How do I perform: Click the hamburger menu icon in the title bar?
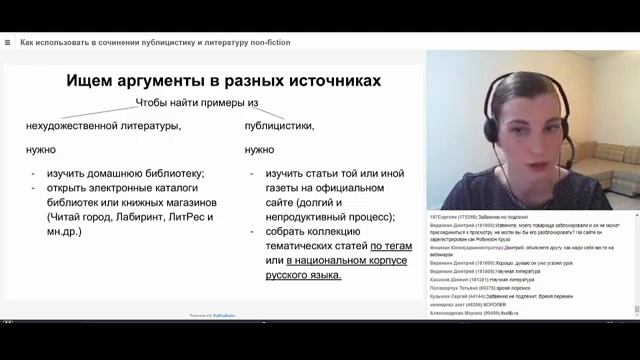click(x=7, y=43)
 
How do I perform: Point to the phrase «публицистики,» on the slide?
click(x=280, y=126)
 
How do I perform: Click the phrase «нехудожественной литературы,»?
click(x=103, y=126)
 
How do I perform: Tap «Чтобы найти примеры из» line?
click(x=197, y=103)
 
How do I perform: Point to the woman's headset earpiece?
click(x=492, y=130)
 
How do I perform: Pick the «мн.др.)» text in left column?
click(x=61, y=230)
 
